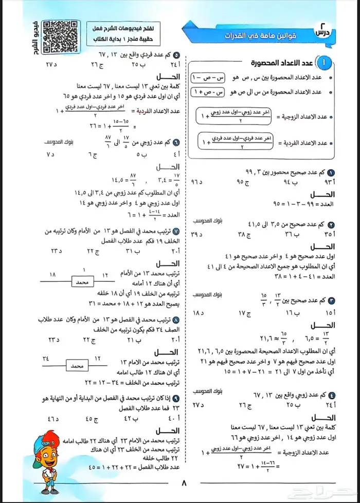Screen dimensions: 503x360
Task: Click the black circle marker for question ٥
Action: click(176, 55)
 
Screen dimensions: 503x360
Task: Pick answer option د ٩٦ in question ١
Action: click(196, 182)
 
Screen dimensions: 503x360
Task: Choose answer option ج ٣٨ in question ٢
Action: click(241, 233)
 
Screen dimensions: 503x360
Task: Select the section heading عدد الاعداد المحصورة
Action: click(281, 63)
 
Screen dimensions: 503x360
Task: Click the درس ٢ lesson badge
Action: click(322, 31)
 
